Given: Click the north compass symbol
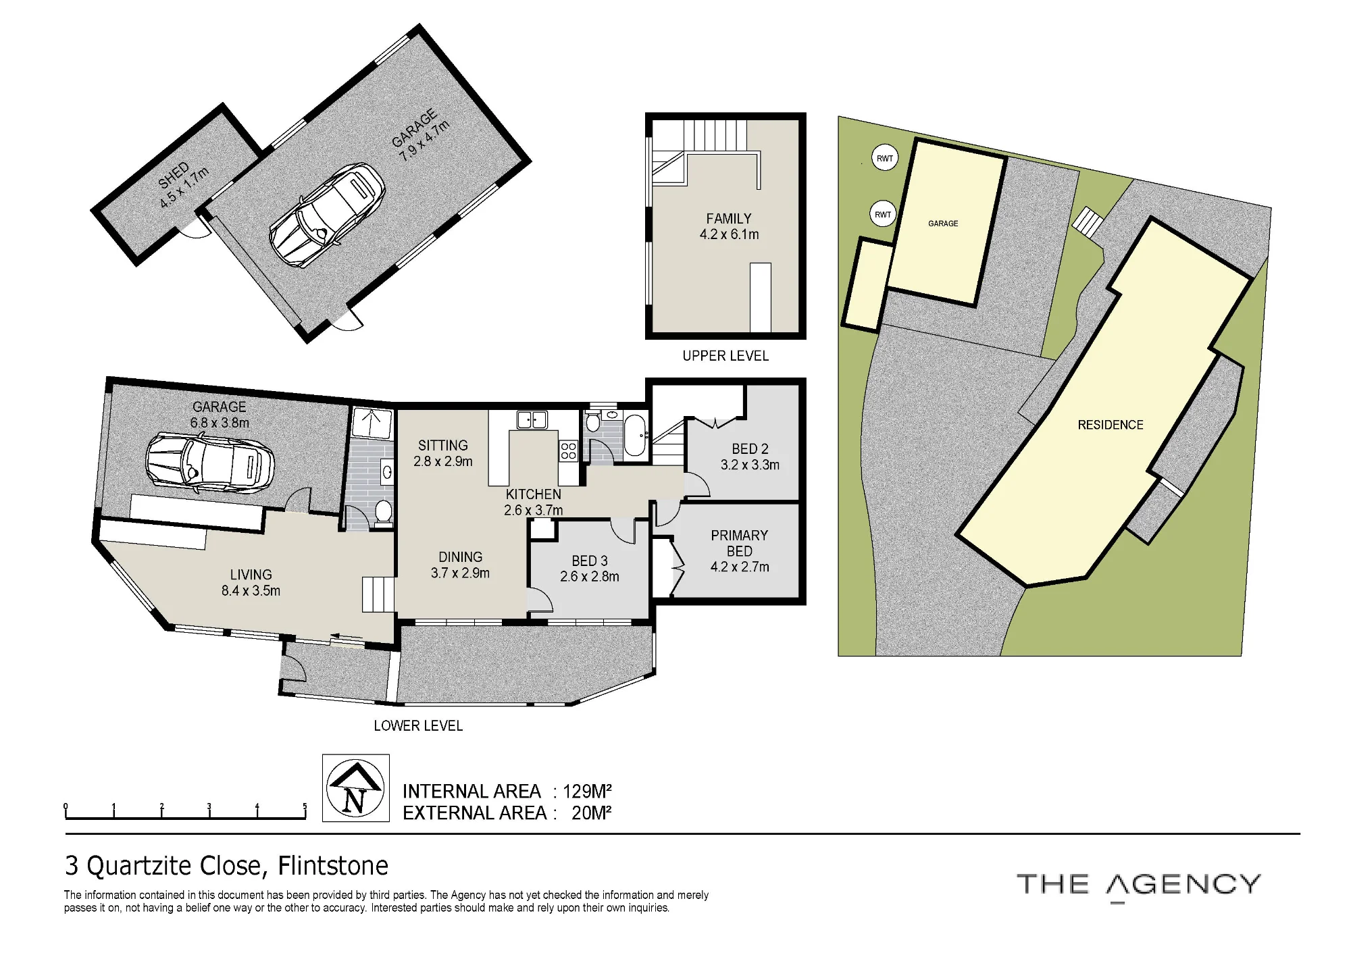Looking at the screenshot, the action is pyautogui.click(x=356, y=788).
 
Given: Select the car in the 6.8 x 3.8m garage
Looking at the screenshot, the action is pyautogui.click(x=210, y=462).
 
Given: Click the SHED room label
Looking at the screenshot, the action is pyautogui.click(x=174, y=176).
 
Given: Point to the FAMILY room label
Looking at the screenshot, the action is pyautogui.click(x=729, y=219).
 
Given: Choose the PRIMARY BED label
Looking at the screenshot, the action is pyautogui.click(x=739, y=543).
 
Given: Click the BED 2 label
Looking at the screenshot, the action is pyautogui.click(x=750, y=449).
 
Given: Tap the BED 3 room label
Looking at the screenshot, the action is pyautogui.click(x=590, y=561).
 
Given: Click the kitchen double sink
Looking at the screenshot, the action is pyautogui.click(x=532, y=419).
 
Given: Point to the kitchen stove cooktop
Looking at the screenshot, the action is pyautogui.click(x=568, y=450).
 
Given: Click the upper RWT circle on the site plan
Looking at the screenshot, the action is pyautogui.click(x=885, y=158).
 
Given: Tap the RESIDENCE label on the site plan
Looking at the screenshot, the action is pyautogui.click(x=1111, y=425).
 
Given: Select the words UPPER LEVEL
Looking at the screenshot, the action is pyautogui.click(x=725, y=356).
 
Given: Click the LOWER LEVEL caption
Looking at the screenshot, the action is pyautogui.click(x=418, y=726).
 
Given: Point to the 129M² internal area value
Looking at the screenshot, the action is pyautogui.click(x=587, y=791).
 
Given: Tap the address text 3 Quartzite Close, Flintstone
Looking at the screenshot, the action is pyautogui.click(x=226, y=866).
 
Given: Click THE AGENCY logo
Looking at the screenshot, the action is pyautogui.click(x=1139, y=885).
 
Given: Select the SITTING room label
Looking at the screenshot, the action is pyautogui.click(x=443, y=446).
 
